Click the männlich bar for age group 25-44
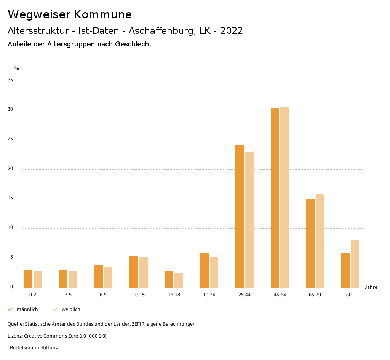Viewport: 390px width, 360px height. [240, 217]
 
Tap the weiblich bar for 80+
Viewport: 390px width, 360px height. [355, 264]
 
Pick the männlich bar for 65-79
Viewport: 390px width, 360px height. [310, 243]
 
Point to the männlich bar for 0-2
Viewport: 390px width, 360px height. [28, 279]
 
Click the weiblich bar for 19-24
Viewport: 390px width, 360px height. [214, 272]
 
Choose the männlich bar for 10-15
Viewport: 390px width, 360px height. [134, 272]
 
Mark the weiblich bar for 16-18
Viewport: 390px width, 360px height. [179, 280]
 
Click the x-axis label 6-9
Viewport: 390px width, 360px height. [103, 295]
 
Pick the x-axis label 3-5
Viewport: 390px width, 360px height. [68, 295]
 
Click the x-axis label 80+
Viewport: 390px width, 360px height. [350, 295]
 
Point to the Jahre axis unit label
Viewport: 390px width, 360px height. [371, 287]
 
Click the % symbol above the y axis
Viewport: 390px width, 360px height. [17, 68]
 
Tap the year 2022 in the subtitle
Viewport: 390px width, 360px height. [232, 31]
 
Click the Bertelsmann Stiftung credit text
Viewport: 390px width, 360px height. [34, 347]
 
